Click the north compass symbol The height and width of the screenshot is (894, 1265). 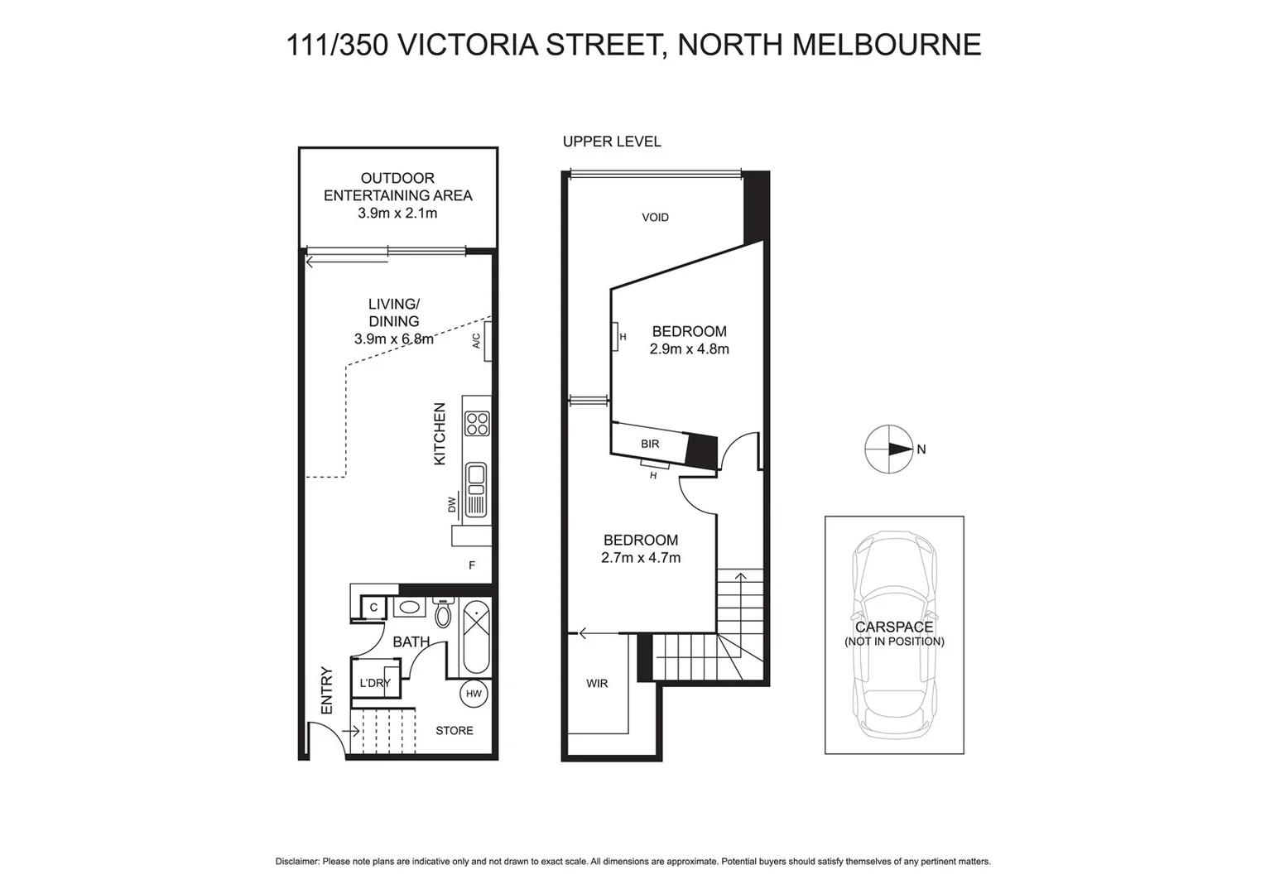[888, 449]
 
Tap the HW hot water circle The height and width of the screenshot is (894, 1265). [474, 694]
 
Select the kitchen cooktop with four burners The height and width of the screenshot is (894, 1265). [477, 424]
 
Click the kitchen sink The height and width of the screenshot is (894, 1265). [476, 476]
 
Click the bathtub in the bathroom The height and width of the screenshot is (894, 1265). [476, 638]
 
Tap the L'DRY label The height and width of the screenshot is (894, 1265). [374, 683]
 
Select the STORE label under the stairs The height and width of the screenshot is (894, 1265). [455, 730]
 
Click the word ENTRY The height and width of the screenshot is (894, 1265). [326, 690]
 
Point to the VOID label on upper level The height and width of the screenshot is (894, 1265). [655, 217]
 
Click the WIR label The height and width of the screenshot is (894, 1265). [597, 683]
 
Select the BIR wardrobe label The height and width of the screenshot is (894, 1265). [650, 444]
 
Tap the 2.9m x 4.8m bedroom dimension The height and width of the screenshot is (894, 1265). [689, 349]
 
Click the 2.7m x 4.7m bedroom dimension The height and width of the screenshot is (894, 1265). [641, 558]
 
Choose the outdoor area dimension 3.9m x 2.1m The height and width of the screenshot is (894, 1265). [397, 214]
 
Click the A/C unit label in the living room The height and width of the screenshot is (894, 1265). [476, 340]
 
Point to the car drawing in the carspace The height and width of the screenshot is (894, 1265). [894, 634]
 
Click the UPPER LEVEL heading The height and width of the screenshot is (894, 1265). [612, 142]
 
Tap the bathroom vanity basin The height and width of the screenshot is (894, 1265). [409, 608]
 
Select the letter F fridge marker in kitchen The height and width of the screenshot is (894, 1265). [472, 565]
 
